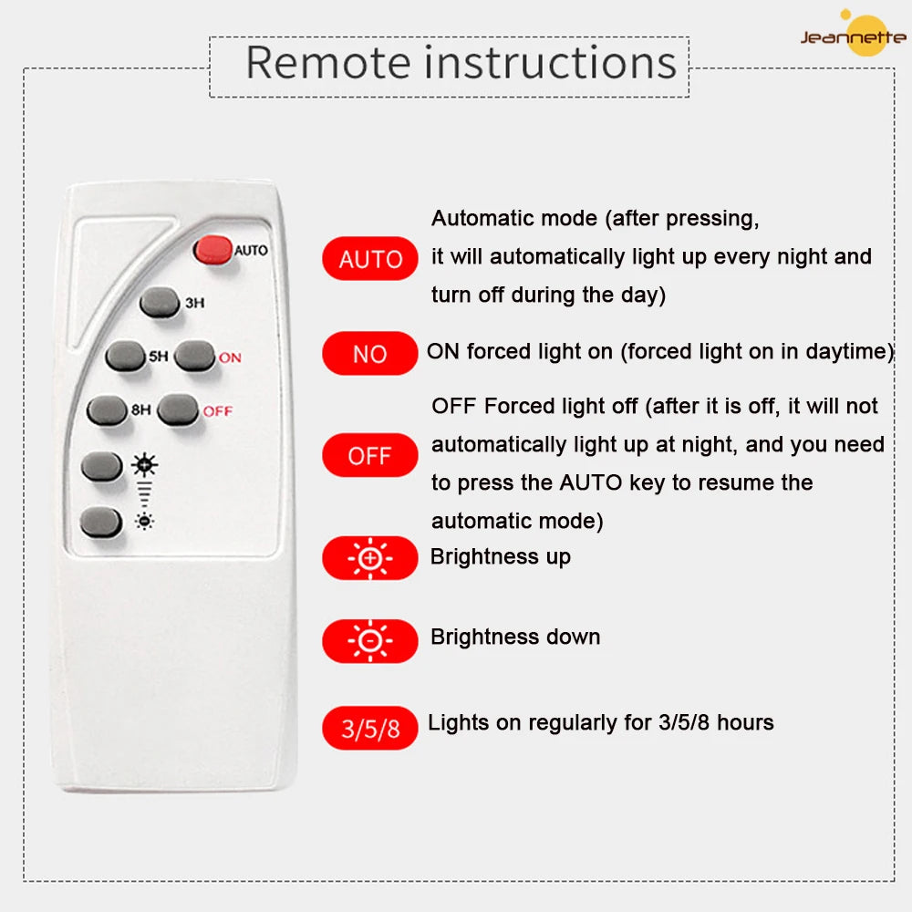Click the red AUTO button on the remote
click(x=212, y=250)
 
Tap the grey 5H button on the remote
click(x=125, y=356)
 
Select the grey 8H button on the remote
click(x=107, y=410)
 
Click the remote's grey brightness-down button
click(x=100, y=521)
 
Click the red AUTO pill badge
click(x=370, y=259)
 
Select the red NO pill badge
click(x=370, y=354)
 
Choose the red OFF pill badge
click(x=370, y=455)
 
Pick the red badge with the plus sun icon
click(x=370, y=558)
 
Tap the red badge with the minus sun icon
click(x=370, y=641)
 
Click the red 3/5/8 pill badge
click(x=370, y=728)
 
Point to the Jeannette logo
click(x=854, y=35)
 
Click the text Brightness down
click(x=515, y=637)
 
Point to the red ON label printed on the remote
click(x=230, y=358)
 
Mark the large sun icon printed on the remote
click(x=144, y=465)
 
